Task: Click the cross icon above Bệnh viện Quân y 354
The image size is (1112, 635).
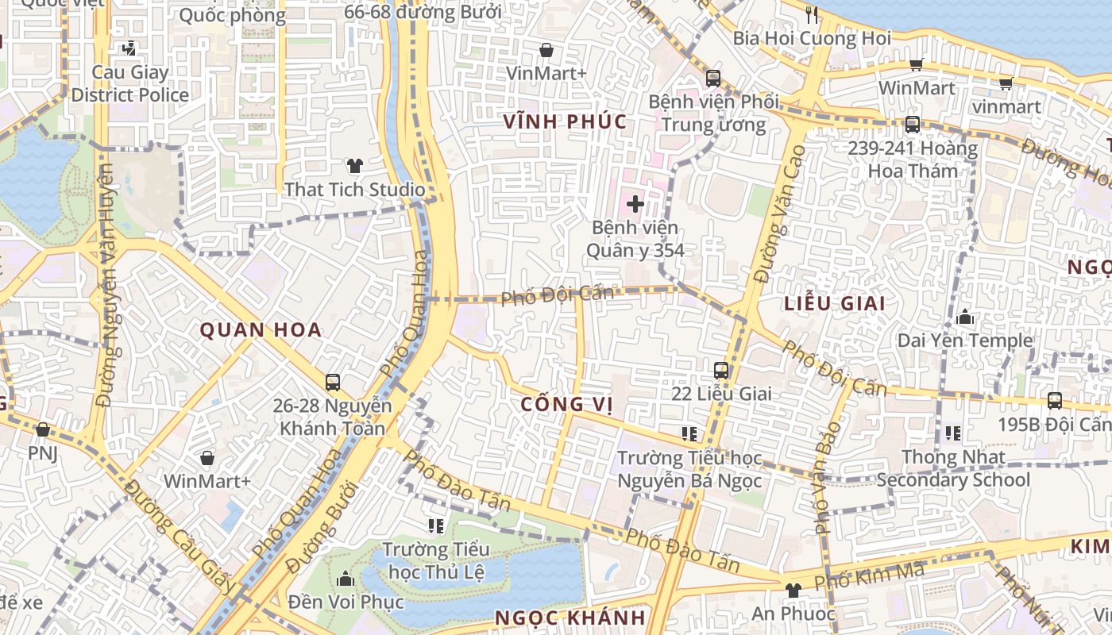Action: [635, 204]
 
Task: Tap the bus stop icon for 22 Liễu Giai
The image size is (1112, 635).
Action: [721, 370]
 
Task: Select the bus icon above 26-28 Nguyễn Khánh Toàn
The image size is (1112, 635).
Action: [333, 382]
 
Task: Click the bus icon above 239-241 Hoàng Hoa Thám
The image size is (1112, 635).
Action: [912, 125]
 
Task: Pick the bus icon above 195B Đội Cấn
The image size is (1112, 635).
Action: [1055, 401]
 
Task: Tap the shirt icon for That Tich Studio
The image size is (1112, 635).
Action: [354, 166]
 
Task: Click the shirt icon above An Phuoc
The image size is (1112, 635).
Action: [793, 590]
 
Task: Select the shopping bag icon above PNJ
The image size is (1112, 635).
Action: [43, 429]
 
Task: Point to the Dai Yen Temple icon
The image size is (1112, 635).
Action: [966, 317]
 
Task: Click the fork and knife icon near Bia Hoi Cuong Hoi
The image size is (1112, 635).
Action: [811, 14]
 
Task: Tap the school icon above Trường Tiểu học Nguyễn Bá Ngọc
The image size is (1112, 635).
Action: [689, 433]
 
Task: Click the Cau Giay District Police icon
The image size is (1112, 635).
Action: [129, 48]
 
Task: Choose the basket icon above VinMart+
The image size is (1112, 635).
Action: [546, 50]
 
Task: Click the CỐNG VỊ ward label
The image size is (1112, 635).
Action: [566, 404]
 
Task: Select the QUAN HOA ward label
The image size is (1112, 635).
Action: [261, 330]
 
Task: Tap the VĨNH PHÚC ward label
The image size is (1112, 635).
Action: [566, 121]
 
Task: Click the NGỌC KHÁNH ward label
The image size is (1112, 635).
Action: [570, 618]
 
